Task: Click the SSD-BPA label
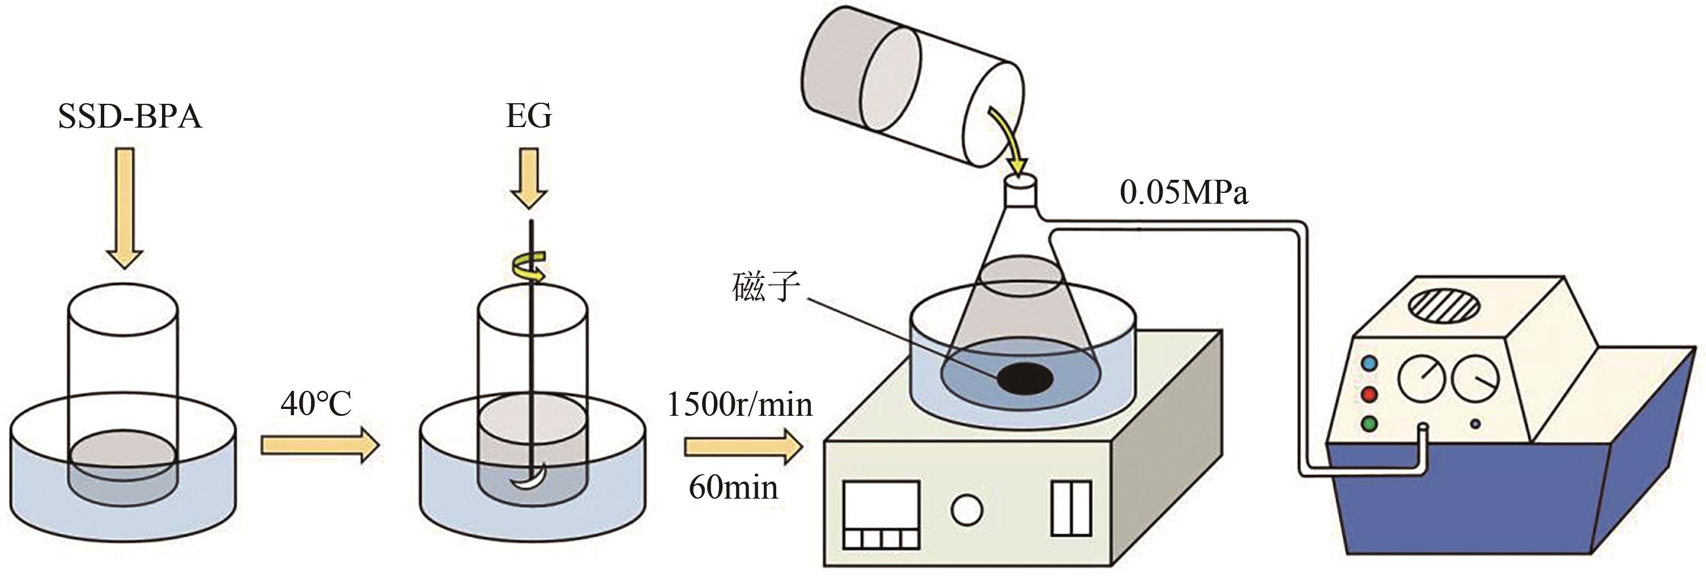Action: pyautogui.click(x=130, y=117)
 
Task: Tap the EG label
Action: pyautogui.click(x=529, y=116)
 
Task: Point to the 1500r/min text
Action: pyautogui.click(x=739, y=404)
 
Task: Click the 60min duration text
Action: pyautogui.click(x=733, y=488)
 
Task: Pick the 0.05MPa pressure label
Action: pyautogui.click(x=1184, y=193)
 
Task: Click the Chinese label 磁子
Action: pyautogui.click(x=766, y=287)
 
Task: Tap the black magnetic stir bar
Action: pyautogui.click(x=1025, y=378)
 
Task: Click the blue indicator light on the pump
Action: pyautogui.click(x=1369, y=363)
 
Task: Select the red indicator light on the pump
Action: pyautogui.click(x=1369, y=394)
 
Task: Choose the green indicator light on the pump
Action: pyautogui.click(x=1369, y=424)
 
